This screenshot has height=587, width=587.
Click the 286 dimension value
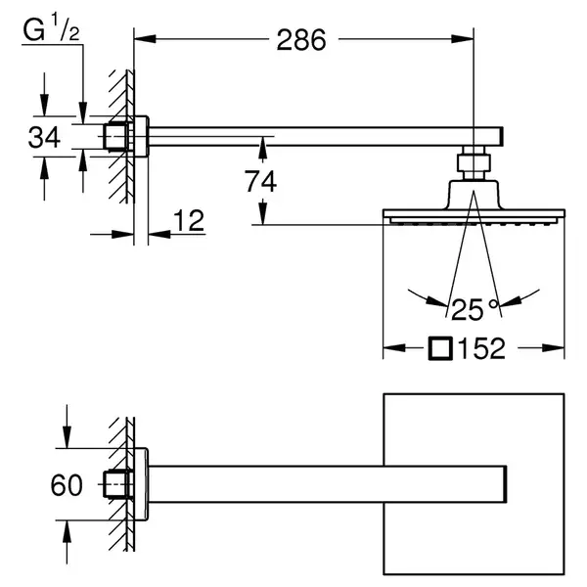301,40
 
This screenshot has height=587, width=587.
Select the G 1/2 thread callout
51,29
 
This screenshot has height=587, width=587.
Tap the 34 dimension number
44,137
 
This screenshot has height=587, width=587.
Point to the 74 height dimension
261,181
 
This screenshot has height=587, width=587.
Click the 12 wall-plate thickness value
189,220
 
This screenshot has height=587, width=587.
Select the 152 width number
481,348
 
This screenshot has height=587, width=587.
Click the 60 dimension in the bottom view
67,485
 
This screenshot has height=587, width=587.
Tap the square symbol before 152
440,348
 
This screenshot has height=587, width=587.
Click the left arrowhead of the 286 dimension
145,38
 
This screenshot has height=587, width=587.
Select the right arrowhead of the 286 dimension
463,38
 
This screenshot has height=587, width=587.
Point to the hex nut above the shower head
474,163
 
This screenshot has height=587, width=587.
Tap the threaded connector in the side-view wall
117,136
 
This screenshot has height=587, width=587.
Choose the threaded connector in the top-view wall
117,484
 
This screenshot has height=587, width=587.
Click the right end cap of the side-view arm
501,136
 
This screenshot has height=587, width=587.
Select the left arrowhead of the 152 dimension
394,348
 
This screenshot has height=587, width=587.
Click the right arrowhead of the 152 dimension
554,348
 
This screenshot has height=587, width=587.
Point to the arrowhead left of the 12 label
123,235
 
